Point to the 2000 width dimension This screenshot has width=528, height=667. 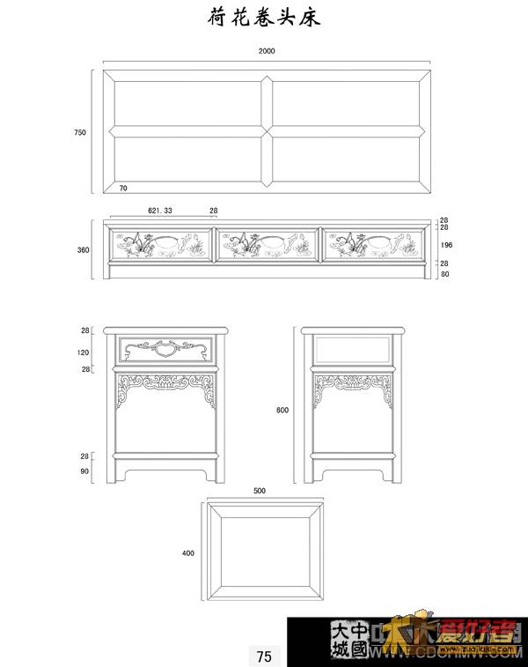267,51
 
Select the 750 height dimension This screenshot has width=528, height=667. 80,132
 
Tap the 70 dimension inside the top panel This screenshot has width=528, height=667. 123,189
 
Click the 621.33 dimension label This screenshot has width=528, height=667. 160,211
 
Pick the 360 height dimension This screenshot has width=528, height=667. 83,250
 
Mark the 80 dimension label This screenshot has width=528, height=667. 444,274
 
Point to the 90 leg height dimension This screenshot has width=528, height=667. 85,471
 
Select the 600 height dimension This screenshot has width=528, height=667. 282,410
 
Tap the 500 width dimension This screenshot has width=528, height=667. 260,491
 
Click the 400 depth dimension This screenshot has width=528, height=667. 187,553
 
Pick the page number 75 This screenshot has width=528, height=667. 264,656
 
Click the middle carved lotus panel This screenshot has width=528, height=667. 267,244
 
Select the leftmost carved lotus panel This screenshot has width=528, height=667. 159,244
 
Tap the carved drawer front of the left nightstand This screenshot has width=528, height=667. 166,349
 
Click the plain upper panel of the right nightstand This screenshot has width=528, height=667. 353,350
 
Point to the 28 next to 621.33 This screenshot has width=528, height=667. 213,211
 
